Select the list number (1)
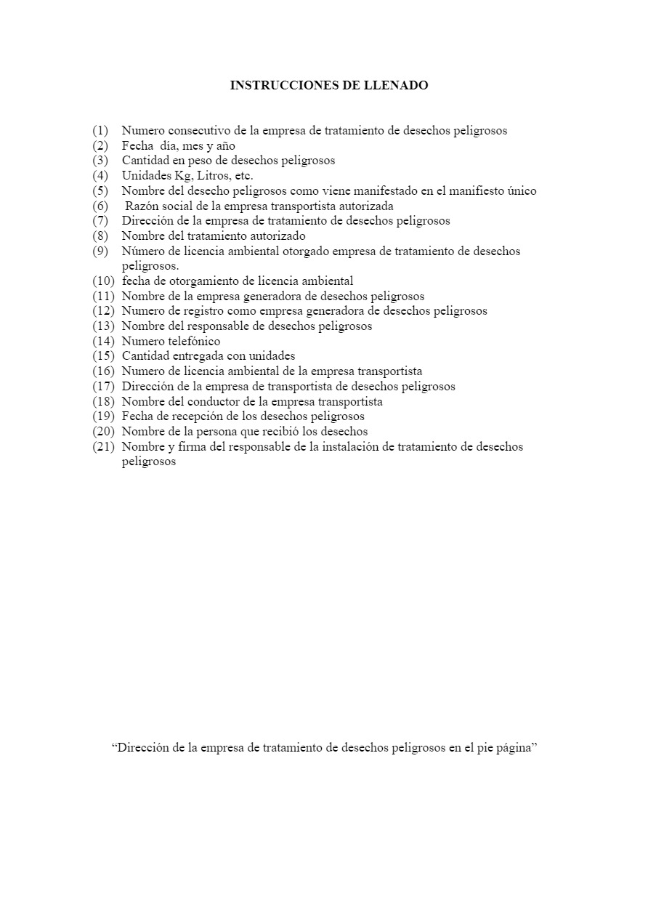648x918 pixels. tap(100, 131)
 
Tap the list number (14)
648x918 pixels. tap(103, 341)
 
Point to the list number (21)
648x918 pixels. tap(103, 446)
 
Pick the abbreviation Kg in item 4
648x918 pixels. tap(181, 176)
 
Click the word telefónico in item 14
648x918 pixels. tap(194, 341)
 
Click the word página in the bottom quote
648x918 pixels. tap(514, 748)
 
